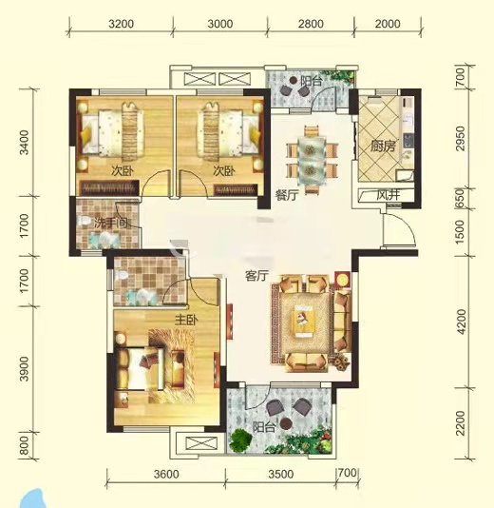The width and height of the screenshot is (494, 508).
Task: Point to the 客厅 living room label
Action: click(x=258, y=276)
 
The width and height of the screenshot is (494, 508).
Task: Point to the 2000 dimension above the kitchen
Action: click(x=386, y=23)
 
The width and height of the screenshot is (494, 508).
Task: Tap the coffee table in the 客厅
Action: click(x=308, y=320)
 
